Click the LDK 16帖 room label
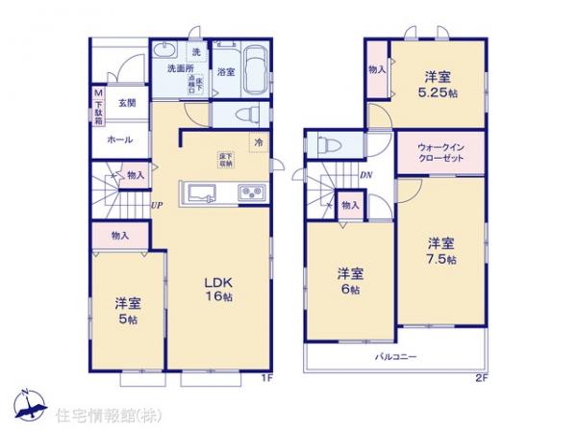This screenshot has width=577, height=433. pos(218,289)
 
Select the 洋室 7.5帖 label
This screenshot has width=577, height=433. pos(441,250)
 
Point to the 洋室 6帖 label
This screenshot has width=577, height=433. pos(349,280)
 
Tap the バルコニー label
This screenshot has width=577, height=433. pos(395,357)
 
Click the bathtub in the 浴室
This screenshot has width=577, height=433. pos(254,70)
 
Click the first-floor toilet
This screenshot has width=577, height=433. pos(244,114)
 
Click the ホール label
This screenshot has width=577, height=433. pos(120,140)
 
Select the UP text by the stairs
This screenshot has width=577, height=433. pos(156,205)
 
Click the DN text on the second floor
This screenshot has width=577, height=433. pos(365,175)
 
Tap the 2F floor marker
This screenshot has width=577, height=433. pos(481,377)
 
